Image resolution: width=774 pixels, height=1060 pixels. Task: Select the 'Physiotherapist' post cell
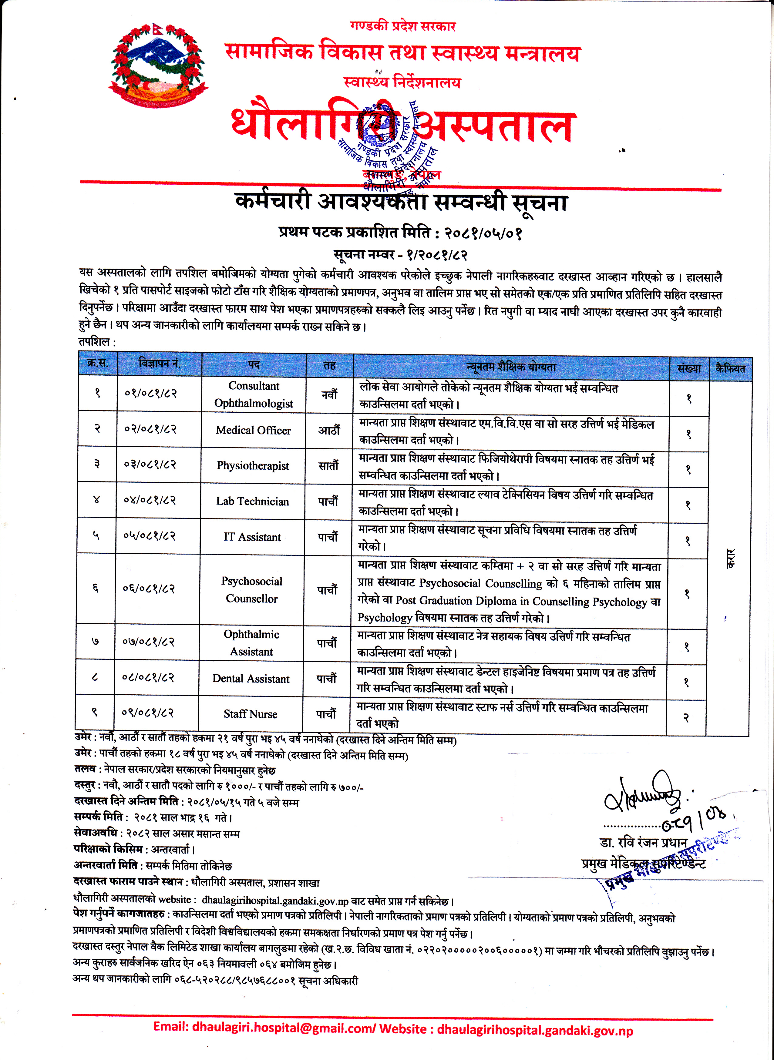pos(253,466)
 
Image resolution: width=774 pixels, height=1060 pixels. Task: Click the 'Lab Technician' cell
pos(253,501)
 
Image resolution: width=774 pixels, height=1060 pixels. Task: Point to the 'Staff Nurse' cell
pos(250,714)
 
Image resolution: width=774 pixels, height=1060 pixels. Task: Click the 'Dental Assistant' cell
pos(251,678)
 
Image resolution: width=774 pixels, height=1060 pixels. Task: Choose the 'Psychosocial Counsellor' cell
pos(252,590)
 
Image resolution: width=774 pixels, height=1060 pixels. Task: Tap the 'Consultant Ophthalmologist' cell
pos(254,394)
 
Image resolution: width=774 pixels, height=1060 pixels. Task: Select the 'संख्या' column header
pos(689,368)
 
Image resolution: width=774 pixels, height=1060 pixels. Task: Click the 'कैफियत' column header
pos(730,368)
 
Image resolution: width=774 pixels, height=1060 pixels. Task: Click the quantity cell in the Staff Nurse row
pos(686,718)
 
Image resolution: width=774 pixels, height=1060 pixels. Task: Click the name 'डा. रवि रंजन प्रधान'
pos(643,842)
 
